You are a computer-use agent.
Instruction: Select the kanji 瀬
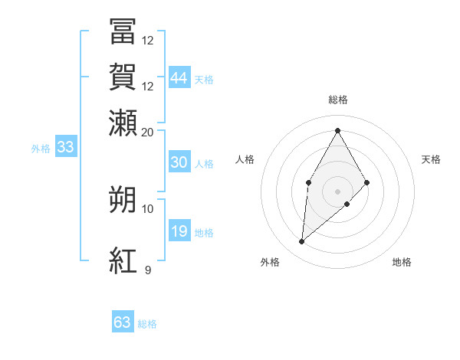coord(123,122)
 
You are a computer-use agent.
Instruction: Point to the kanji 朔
coord(123,198)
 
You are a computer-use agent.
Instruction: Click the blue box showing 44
coord(179,78)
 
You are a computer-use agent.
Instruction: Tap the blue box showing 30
coord(179,162)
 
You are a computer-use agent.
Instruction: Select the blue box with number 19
coord(179,231)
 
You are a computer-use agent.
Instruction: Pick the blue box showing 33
coord(65,148)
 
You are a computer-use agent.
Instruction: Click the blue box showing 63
coord(123,322)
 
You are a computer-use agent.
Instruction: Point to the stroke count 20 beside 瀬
coord(148,132)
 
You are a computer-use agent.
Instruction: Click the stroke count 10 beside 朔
coord(148,208)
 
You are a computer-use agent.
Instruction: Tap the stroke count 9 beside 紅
coord(148,270)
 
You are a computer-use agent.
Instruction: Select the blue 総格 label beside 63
coord(147,324)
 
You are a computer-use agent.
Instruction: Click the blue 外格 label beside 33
coord(40,149)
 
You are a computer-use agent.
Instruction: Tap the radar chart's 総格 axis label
coord(337,100)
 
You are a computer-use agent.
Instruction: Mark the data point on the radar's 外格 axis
coord(302,242)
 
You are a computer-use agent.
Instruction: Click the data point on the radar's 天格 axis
coord(367,182)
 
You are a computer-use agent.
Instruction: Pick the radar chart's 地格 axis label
coord(402,263)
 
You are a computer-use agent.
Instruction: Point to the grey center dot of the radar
coord(337,191)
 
